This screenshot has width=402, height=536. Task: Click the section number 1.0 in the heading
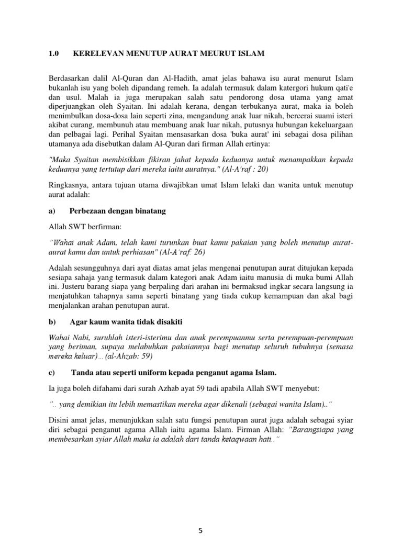(54, 54)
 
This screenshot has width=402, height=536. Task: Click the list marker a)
(52, 211)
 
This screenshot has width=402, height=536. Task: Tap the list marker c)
(52, 372)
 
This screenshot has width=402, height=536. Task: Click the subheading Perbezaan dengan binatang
(117, 211)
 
